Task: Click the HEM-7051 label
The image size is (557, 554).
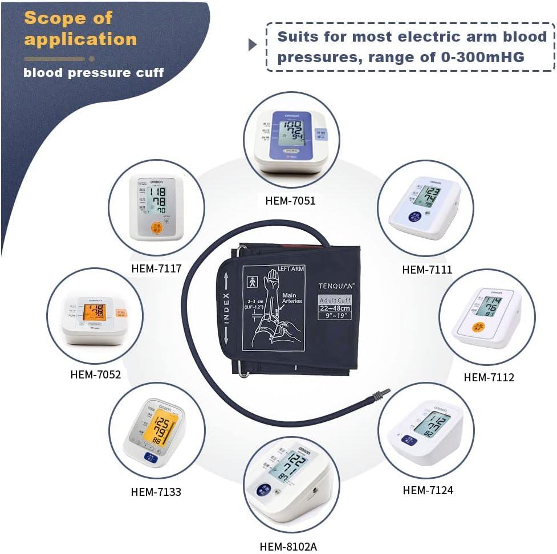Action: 290,200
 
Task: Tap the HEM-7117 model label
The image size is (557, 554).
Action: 156,267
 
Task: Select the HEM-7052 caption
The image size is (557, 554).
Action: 96,374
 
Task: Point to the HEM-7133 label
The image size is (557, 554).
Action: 156,491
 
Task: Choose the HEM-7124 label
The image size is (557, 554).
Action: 428,490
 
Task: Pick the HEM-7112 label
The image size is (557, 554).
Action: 489,377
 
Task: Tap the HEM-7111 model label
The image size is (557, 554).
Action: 427,270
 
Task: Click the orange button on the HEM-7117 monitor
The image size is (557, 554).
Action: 156,229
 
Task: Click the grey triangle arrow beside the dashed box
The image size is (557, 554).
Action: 253,45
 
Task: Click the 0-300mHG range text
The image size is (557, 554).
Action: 476,58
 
